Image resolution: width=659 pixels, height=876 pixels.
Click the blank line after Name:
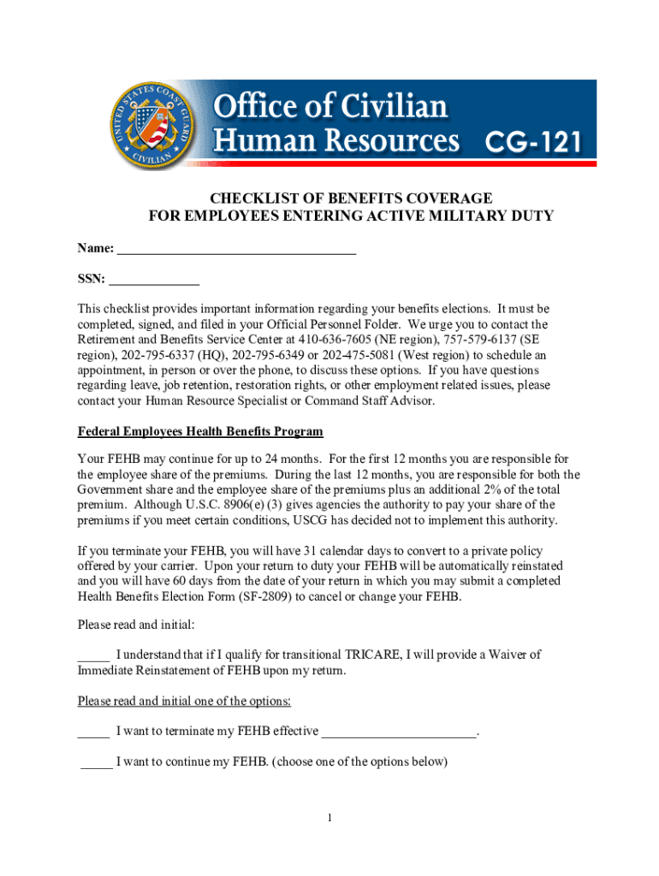(x=236, y=249)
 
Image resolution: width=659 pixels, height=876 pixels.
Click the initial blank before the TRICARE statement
(x=93, y=656)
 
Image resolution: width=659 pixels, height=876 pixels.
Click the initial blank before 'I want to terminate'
(x=93, y=731)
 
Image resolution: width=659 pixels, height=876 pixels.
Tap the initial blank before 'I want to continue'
(x=96, y=762)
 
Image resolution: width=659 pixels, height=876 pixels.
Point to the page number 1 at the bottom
(x=329, y=819)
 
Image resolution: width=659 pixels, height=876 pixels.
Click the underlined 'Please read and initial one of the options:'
(x=184, y=701)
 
